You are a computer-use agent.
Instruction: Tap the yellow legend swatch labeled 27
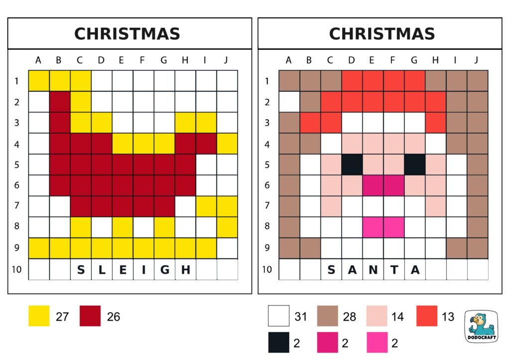point(39,316)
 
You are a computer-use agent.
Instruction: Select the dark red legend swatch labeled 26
point(90,316)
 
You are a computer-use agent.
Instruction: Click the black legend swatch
point(278,343)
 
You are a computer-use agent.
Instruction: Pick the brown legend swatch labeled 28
point(327,316)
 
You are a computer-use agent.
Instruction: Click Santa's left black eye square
point(352,165)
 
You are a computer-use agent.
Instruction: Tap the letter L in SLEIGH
point(102,270)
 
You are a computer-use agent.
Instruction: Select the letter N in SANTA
point(373,270)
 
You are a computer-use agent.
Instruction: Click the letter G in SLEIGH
point(164,270)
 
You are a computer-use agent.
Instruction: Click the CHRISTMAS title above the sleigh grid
point(127,34)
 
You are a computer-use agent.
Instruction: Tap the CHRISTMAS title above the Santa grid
point(382,34)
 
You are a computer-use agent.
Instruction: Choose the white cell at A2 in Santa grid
point(289,102)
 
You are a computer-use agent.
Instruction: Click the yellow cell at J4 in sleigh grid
point(227,144)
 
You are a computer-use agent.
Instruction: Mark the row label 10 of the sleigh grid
point(17,270)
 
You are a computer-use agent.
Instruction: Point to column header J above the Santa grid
point(477,61)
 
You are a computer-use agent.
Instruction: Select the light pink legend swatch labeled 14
point(377,316)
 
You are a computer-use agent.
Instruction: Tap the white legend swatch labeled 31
point(278,316)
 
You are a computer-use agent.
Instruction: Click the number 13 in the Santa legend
point(448,316)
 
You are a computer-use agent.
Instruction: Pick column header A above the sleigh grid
point(39,61)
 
